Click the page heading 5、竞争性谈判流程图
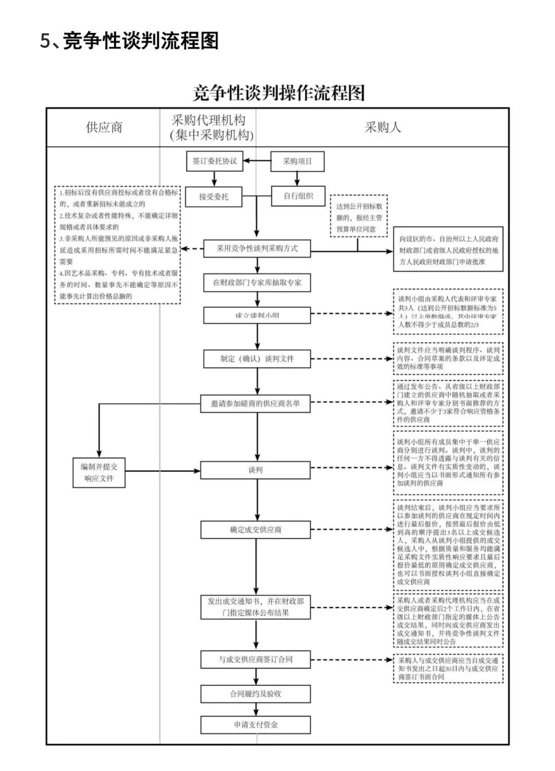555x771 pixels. tap(129, 41)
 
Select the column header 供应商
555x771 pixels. tap(104, 127)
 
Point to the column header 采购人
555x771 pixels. tap(382, 127)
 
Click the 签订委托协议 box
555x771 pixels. tap(214, 161)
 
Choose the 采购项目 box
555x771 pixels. tap(298, 161)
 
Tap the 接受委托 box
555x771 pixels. tap(214, 196)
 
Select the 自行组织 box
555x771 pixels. tap(298, 196)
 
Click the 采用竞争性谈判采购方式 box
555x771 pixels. tap(257, 249)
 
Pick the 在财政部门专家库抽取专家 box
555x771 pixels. tap(257, 283)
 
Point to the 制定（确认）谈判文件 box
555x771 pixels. tap(257, 359)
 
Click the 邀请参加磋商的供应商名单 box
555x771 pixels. tap(255, 404)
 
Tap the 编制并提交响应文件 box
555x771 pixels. tap(99, 472)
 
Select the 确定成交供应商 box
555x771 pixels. tap(255, 529)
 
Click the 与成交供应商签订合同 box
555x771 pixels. tap(255, 659)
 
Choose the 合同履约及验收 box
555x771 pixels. tap(255, 694)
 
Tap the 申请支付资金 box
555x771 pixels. tap(255, 725)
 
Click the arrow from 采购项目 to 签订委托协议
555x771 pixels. tap(257, 161)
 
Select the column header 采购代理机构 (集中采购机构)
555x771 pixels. tap(209, 127)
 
